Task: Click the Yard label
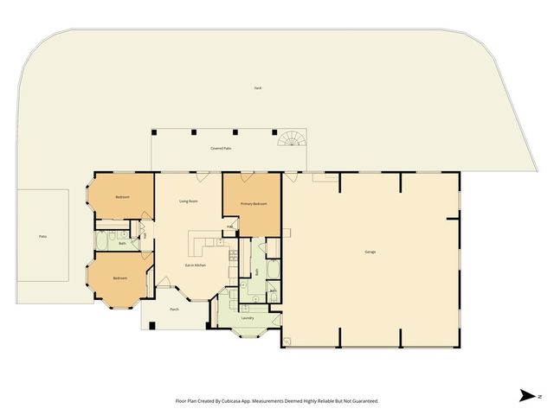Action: [258, 88]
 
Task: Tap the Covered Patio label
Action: [221, 149]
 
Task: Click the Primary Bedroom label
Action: [254, 204]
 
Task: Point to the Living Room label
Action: [190, 201]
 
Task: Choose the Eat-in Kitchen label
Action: [194, 265]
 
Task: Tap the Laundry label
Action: [248, 319]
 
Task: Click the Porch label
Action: [174, 309]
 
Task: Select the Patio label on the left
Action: [42, 236]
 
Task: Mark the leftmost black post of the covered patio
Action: [154, 132]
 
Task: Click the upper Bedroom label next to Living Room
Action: [122, 197]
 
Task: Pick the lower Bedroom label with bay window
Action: [119, 278]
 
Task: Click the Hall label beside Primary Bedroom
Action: [229, 227]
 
